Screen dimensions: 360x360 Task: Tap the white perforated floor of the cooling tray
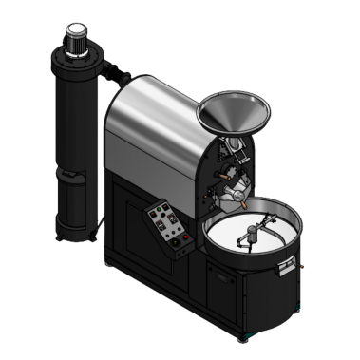[x=237, y=243]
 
